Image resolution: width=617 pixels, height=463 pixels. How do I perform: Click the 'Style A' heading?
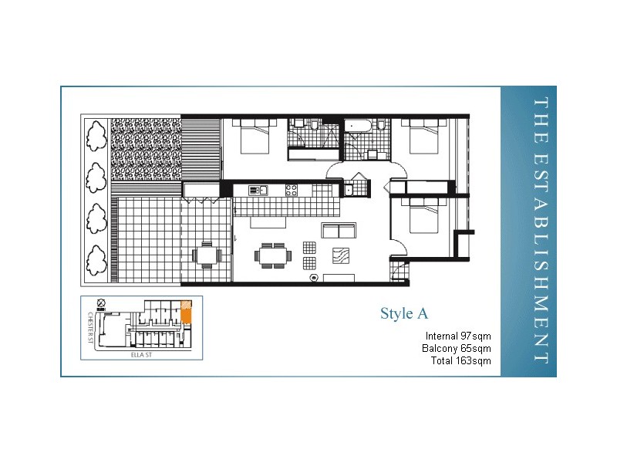403,313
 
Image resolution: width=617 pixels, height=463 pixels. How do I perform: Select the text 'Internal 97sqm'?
458,336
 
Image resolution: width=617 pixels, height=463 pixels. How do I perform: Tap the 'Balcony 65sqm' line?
457,348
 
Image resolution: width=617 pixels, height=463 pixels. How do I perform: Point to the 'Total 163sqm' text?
462,360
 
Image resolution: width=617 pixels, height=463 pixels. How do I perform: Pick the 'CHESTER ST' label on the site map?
90,328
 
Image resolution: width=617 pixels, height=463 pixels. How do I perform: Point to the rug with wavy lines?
340,256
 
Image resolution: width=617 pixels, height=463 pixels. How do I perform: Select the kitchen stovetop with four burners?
292,190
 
